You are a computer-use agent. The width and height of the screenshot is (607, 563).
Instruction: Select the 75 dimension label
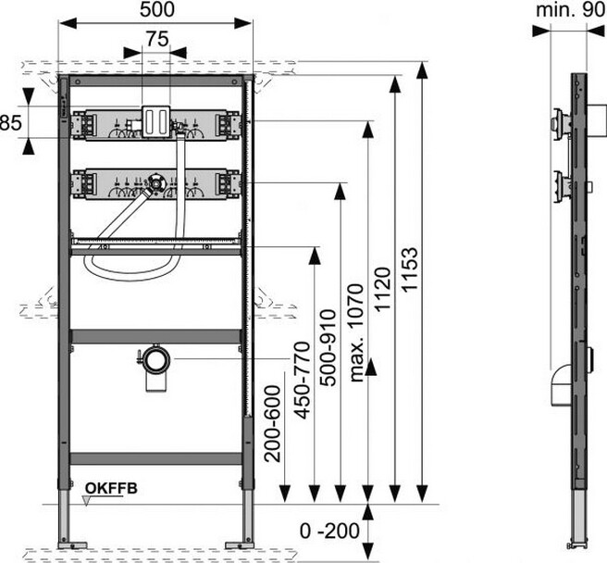[x=155, y=38]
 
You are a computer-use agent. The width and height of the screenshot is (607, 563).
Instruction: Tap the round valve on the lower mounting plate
[x=156, y=183]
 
